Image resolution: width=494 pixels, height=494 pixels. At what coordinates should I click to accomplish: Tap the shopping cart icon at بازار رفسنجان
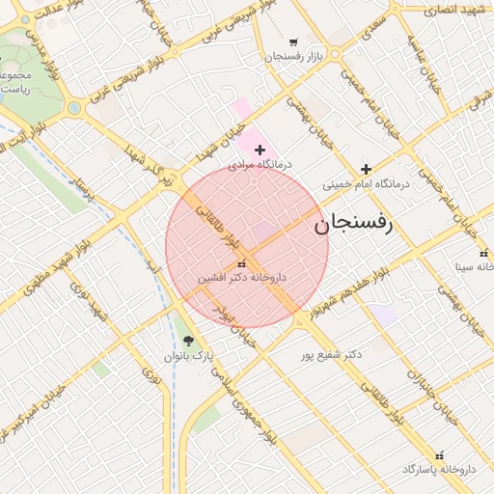pos(293,42)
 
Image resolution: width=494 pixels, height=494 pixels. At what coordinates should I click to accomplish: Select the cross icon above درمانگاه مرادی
pos(260,150)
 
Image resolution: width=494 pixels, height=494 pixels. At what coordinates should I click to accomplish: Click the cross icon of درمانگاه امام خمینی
pos(366,169)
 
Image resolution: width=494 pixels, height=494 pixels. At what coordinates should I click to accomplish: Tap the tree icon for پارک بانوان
pos(188,341)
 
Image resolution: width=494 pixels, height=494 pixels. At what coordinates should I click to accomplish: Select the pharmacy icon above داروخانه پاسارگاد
pos(441,454)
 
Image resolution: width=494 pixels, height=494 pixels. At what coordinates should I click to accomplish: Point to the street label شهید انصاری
pos(457,9)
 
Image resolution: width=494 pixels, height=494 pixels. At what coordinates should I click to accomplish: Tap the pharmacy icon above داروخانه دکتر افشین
pos(241,263)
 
